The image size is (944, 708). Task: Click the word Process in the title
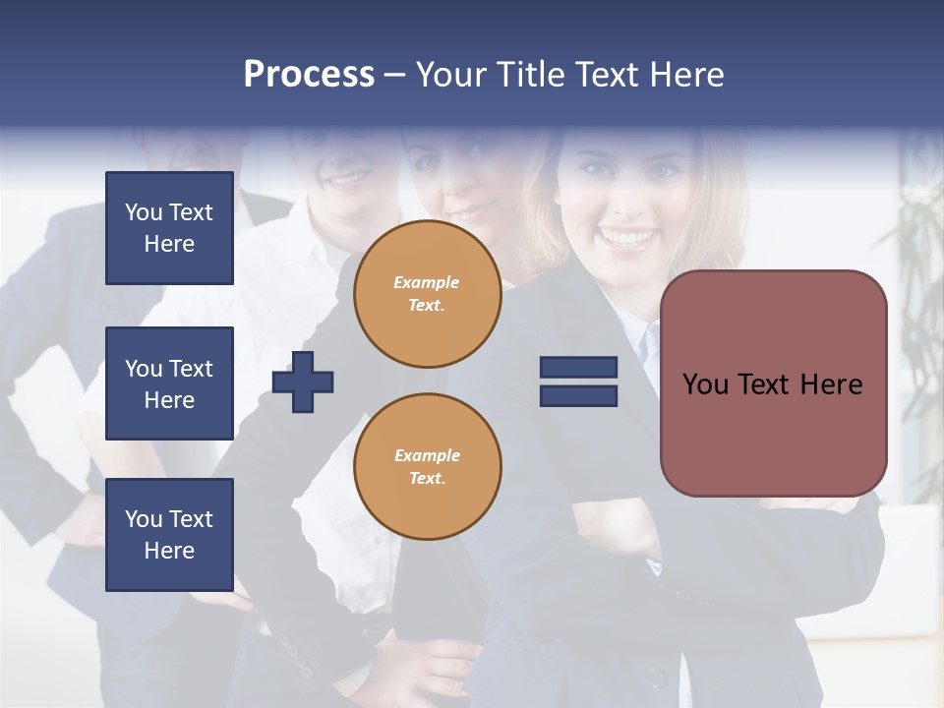point(309,75)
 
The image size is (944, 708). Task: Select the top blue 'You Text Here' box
point(169,228)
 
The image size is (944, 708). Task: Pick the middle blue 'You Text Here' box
point(169,383)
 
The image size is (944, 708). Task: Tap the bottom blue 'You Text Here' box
point(169,535)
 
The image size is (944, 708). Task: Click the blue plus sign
point(303,382)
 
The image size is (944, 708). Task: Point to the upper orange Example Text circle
point(427,294)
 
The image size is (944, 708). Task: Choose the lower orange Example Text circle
point(427,467)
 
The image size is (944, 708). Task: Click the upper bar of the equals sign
point(578,368)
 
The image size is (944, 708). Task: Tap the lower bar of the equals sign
point(578,395)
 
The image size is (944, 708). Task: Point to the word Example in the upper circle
point(426,282)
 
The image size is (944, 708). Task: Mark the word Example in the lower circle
point(426,455)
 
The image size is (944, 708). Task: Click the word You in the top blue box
point(143,212)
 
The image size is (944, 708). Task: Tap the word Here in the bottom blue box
point(169,551)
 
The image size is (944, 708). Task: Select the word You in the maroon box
point(705,384)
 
